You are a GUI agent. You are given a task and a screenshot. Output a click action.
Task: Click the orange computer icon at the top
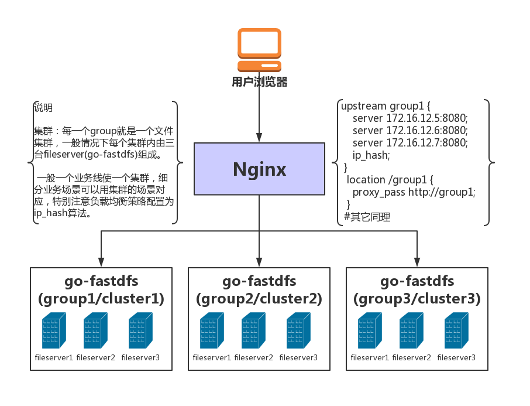point(259,50)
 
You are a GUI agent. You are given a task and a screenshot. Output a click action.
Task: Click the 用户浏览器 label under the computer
point(259,82)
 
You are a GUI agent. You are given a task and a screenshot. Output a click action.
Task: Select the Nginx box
point(259,169)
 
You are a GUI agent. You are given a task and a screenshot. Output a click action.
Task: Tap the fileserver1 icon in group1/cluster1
point(54,332)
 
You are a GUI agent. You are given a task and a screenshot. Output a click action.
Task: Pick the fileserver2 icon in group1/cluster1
point(95,332)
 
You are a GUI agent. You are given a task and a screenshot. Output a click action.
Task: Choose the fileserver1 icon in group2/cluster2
point(212,332)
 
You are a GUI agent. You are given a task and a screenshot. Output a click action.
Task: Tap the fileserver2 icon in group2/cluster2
point(253,332)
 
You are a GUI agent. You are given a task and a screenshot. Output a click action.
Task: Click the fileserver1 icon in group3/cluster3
point(370,332)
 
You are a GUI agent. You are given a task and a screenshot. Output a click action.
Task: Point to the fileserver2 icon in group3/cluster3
point(411,332)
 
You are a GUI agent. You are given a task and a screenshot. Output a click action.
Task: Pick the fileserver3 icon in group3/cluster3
point(456,332)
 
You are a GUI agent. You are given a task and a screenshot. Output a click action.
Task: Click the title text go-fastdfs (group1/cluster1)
point(101,290)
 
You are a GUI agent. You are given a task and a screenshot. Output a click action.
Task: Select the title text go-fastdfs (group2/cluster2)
point(259,290)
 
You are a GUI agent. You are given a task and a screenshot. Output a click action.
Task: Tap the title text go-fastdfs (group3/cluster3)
point(417,290)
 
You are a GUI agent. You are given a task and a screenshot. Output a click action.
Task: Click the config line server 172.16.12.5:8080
point(410,118)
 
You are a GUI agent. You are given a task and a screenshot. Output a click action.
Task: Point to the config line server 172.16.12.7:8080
point(410,142)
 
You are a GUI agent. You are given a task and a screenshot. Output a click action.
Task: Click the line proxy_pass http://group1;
point(414,192)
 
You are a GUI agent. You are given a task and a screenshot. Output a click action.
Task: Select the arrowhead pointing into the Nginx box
point(259,138)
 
